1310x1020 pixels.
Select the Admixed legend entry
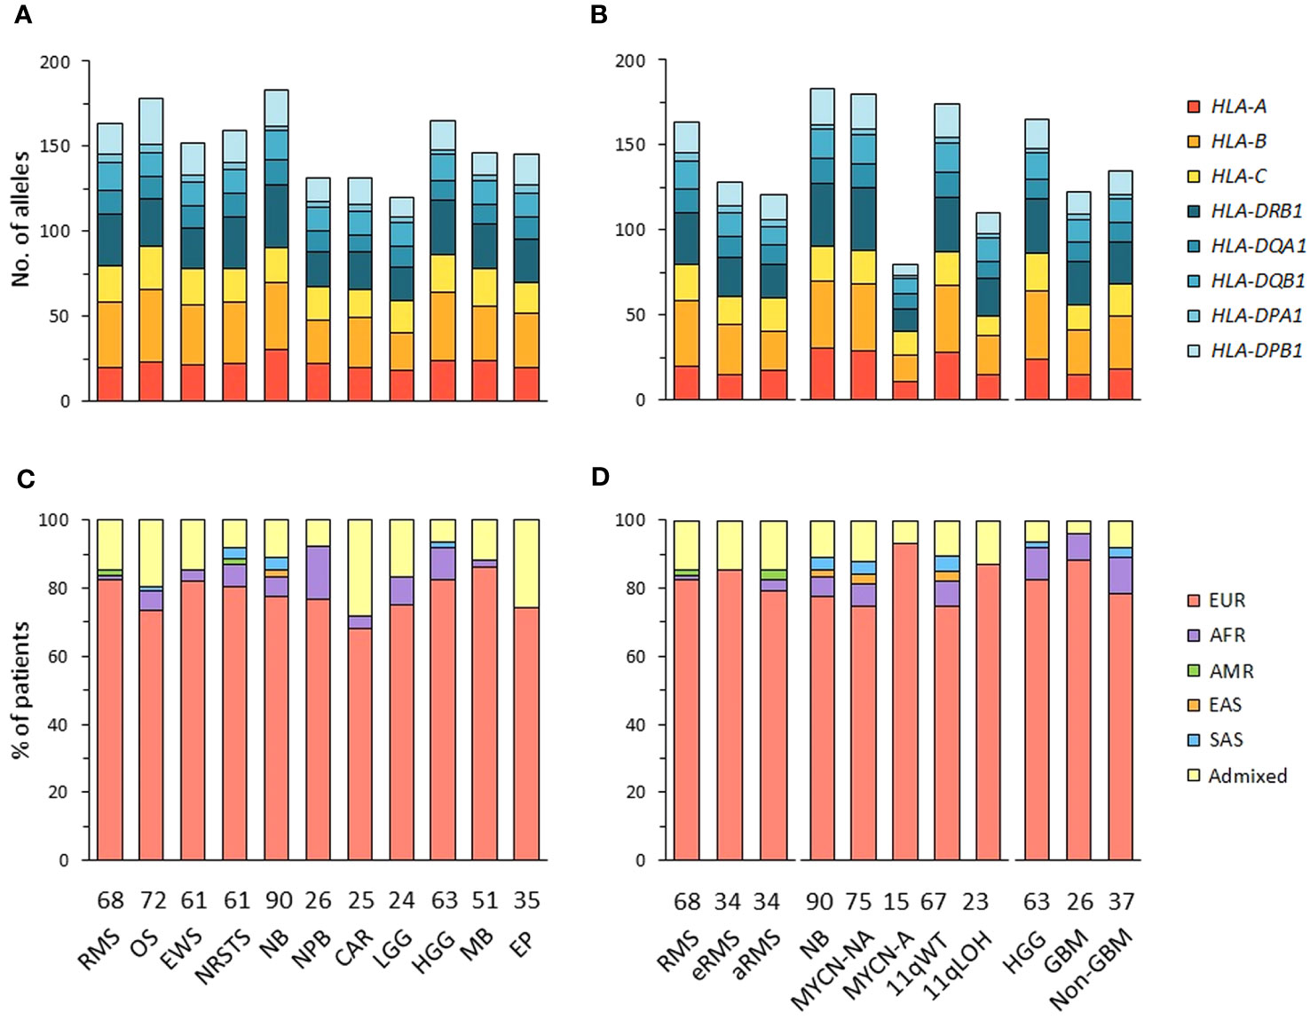click(1236, 775)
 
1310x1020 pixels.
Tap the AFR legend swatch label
click(1227, 636)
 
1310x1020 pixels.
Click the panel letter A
click(23, 15)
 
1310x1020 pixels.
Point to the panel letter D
click(601, 476)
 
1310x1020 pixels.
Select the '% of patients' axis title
click(21, 689)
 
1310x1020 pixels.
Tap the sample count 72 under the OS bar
click(154, 901)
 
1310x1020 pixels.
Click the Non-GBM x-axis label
click(1092, 962)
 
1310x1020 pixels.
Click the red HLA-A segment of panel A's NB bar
click(276, 375)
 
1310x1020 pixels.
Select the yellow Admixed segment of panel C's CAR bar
click(360, 567)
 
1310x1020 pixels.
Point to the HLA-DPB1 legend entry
click(1245, 351)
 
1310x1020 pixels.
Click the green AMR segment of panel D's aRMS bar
click(773, 573)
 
